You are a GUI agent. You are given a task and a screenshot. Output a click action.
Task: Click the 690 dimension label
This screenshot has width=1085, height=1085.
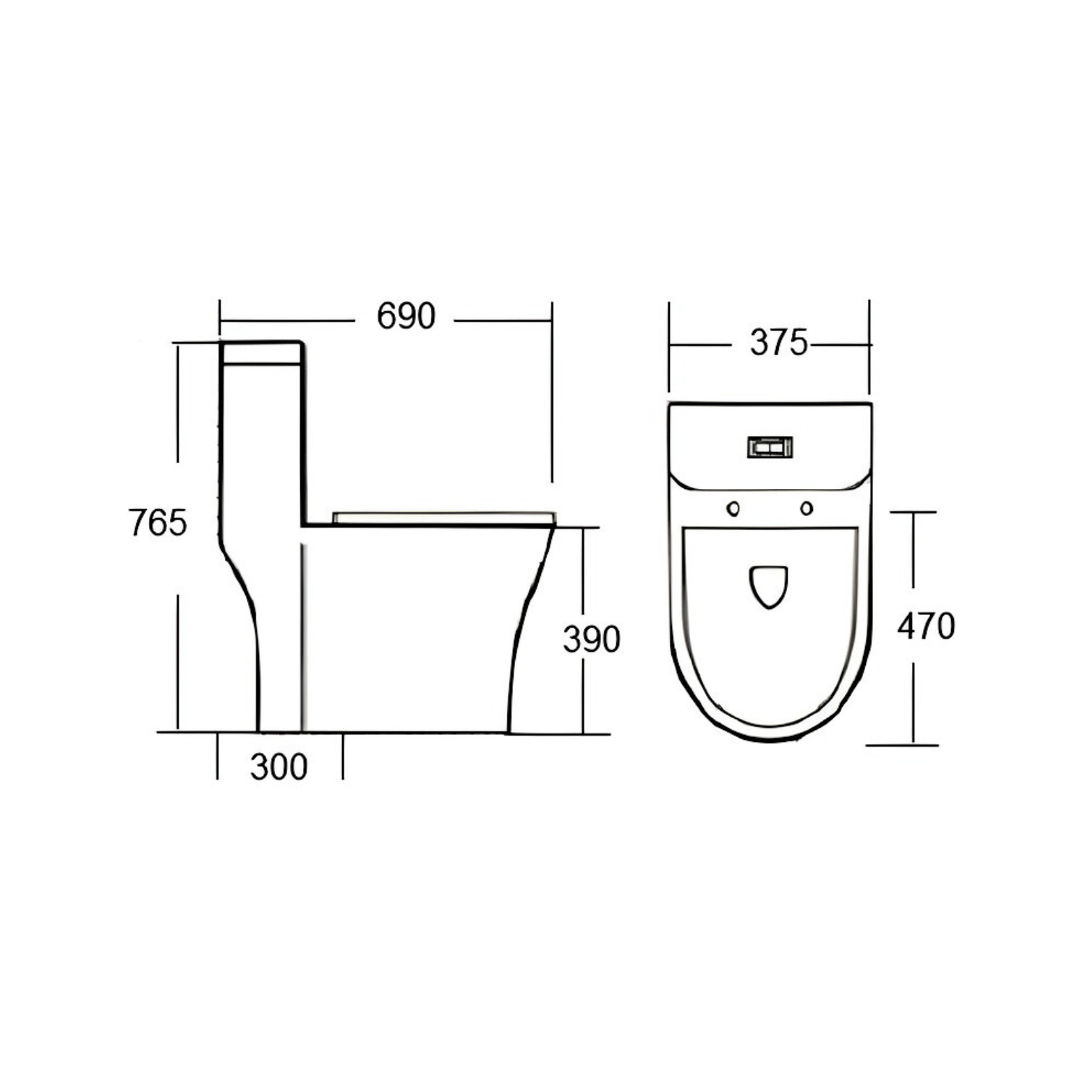point(406,316)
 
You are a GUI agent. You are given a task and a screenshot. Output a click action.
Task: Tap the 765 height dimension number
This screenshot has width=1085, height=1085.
point(158,522)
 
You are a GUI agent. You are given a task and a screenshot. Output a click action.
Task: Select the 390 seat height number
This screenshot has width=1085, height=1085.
point(592,639)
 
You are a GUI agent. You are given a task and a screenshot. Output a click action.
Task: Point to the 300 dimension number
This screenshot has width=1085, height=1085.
point(279,767)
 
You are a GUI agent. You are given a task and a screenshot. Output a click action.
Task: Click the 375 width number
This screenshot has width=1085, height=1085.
point(778,343)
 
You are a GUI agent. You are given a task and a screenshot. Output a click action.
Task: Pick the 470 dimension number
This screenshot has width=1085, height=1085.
point(926,626)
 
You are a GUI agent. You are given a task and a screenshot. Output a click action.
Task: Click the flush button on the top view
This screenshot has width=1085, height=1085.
point(770,447)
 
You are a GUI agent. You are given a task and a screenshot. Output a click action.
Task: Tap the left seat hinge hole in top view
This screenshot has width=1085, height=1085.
point(733,509)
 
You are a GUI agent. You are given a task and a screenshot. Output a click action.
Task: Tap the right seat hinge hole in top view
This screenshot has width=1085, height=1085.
point(807,509)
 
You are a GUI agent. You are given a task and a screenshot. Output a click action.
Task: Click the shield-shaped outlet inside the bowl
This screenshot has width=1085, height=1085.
point(768,585)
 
